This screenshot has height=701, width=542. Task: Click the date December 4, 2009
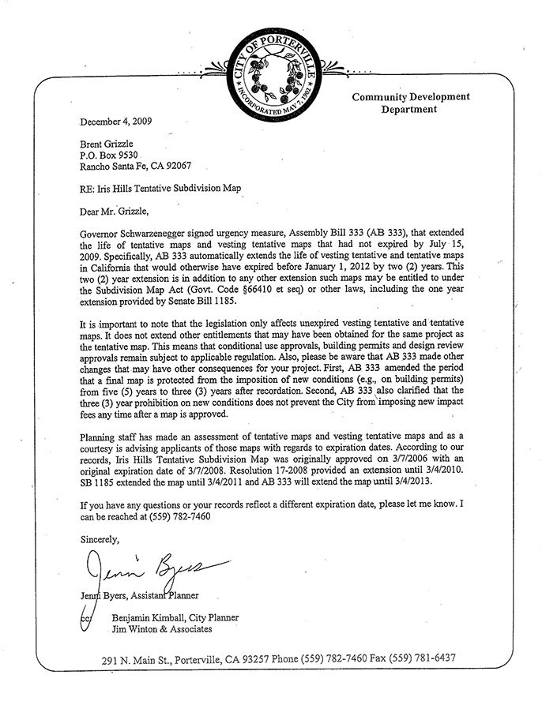116,122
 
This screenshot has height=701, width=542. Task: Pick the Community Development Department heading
410,103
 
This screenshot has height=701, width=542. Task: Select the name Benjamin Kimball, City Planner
175,617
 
